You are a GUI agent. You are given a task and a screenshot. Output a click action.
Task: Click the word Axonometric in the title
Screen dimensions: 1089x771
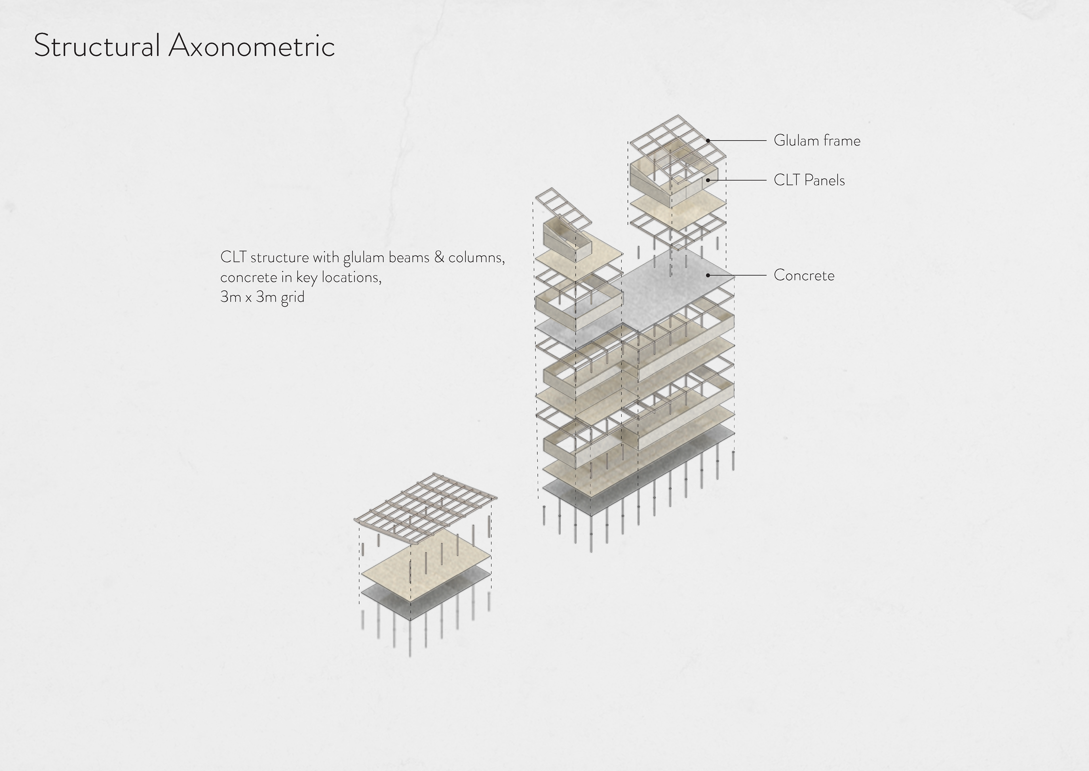(x=251, y=46)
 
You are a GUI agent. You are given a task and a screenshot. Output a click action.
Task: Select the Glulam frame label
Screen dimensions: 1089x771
(x=817, y=141)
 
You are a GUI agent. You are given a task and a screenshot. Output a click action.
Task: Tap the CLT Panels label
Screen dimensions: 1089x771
(x=809, y=181)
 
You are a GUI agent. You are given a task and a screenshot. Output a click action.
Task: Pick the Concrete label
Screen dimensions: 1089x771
(x=804, y=275)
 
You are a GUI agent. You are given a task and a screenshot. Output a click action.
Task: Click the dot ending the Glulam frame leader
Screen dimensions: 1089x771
(x=708, y=141)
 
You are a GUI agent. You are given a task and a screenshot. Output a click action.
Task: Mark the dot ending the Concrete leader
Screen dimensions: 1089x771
(x=708, y=275)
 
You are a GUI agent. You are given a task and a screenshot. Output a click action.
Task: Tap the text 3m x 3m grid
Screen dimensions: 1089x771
(x=262, y=297)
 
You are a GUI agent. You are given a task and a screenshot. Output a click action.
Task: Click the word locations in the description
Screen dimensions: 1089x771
(x=351, y=277)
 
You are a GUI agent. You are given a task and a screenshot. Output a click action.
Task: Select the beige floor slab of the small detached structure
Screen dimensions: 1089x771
(x=427, y=572)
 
